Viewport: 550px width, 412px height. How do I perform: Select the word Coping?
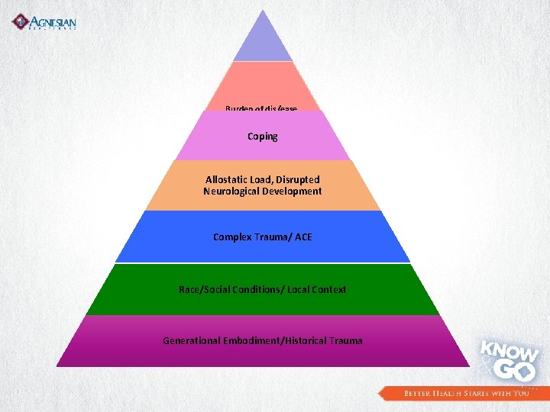coord(263,137)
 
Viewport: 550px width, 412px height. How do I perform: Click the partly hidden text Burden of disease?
coord(261,109)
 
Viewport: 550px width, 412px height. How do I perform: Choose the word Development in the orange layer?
coord(294,192)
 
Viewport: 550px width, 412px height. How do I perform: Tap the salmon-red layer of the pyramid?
coord(263,84)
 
